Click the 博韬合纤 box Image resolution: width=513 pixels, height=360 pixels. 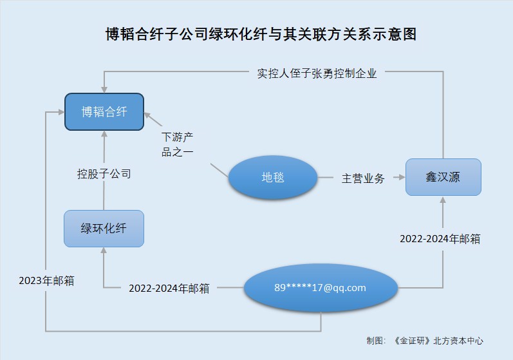104,112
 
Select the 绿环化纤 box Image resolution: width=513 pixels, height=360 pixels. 104,228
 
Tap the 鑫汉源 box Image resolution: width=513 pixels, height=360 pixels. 443,177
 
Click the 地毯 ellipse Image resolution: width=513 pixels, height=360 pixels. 273,176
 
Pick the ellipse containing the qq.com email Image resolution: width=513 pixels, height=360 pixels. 320,288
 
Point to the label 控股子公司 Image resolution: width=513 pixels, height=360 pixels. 104,173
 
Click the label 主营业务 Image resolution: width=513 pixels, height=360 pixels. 363,178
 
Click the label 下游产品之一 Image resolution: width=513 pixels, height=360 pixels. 177,144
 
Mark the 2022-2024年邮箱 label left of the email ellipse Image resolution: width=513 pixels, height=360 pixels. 169,288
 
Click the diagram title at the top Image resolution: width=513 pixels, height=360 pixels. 261,34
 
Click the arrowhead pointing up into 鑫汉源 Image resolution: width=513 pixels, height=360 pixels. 443,200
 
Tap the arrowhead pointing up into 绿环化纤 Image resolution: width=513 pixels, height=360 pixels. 104,251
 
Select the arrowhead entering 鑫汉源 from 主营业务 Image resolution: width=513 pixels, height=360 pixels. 400,177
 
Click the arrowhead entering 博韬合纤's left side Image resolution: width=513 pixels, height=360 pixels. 59,112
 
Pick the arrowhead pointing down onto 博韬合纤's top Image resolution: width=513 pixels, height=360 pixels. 104,88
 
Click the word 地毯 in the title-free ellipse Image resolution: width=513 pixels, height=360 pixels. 273,176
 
